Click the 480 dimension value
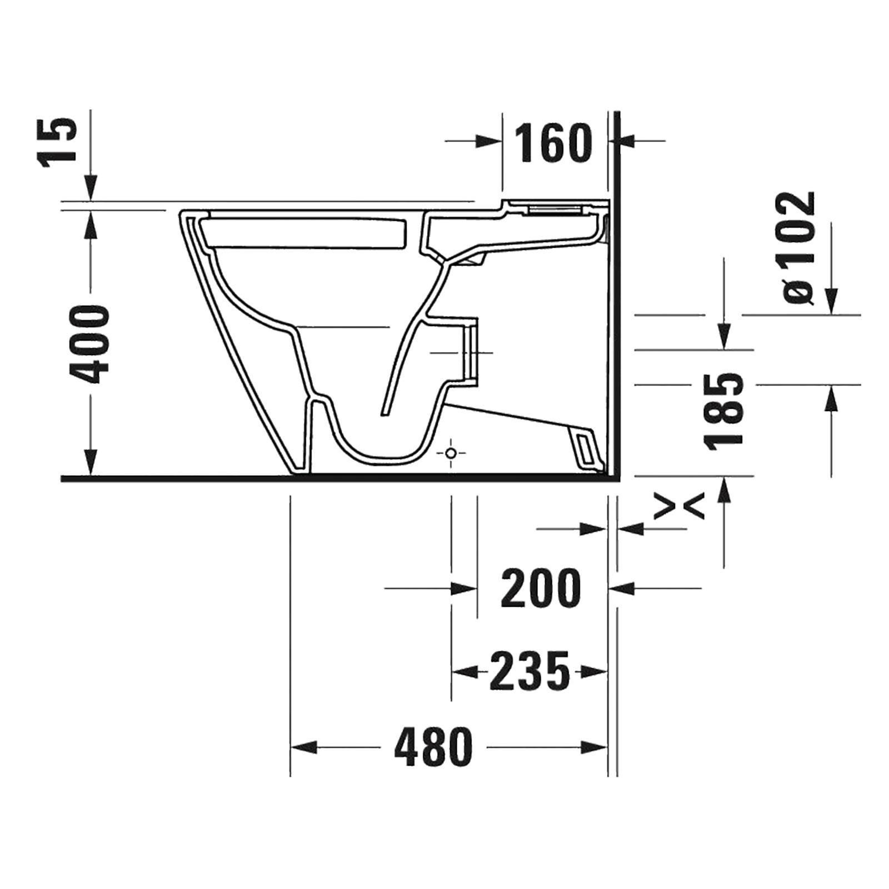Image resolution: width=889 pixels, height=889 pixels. pyautogui.click(x=433, y=747)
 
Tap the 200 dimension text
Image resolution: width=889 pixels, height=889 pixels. pyautogui.click(x=541, y=587)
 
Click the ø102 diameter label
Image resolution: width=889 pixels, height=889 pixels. pyautogui.click(x=800, y=248)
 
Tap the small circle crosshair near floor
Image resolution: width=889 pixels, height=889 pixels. pyautogui.click(x=451, y=454)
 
